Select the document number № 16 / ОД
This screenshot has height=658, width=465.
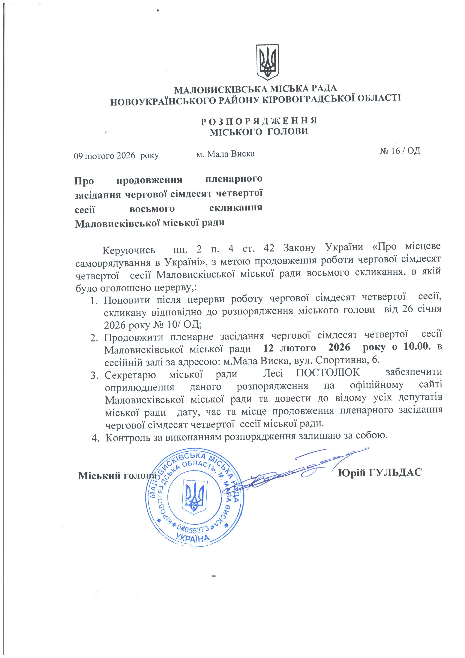pyautogui.click(x=400, y=151)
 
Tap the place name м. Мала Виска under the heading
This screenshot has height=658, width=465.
pyautogui.click(x=226, y=154)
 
